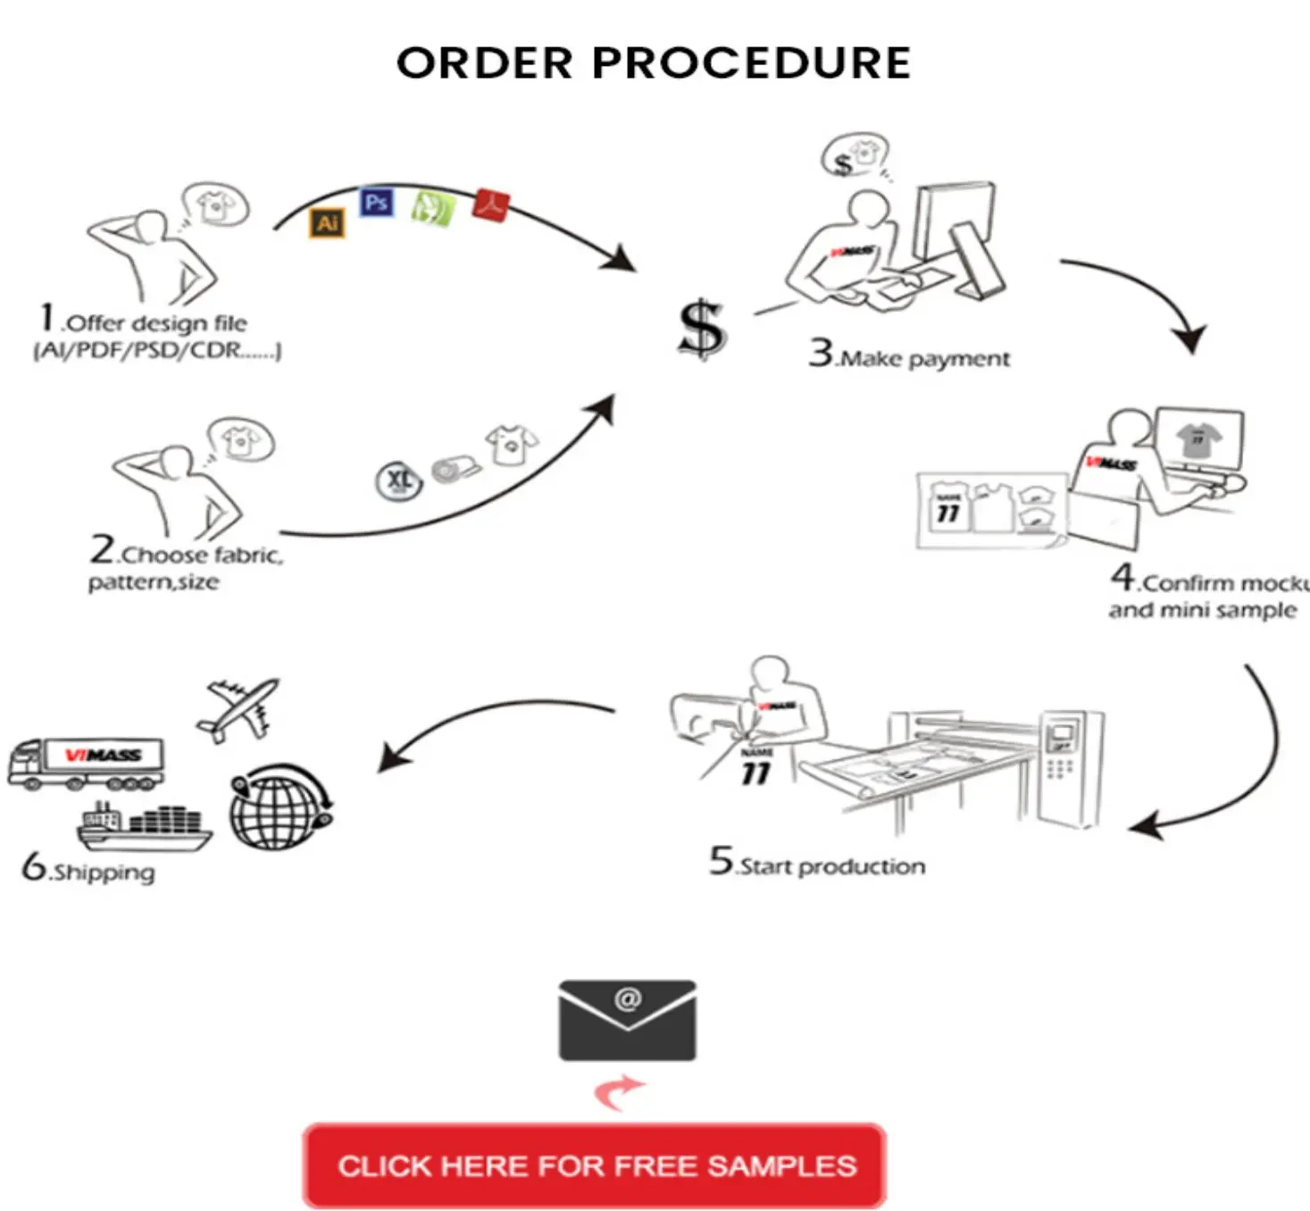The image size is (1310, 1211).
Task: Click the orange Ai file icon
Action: [327, 222]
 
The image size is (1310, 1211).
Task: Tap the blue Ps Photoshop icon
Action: [376, 203]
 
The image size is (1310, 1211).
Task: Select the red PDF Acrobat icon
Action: [490, 205]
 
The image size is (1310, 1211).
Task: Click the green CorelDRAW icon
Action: [432, 208]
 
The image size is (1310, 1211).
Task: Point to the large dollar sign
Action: [702, 329]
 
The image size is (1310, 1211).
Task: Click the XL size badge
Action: [398, 480]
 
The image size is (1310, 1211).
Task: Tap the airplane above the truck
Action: [238, 708]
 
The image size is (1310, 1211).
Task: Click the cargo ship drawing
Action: [145, 826]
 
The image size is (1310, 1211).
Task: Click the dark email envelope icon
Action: [627, 1020]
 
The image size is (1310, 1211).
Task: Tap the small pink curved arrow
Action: [620, 1090]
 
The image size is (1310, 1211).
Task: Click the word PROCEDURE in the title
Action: [751, 63]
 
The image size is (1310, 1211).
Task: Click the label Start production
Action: [832, 866]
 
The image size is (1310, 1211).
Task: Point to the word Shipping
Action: [103, 872]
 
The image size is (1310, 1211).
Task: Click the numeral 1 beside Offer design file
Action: [47, 318]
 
